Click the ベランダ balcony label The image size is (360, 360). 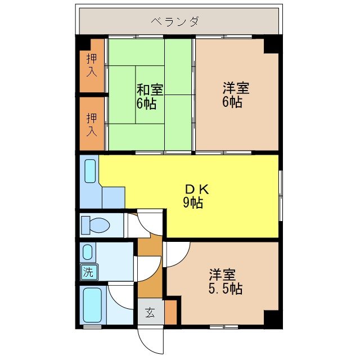tap(175, 22)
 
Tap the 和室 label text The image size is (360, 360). tap(150, 89)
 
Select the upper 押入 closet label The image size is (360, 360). tap(92, 65)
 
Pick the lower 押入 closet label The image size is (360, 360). tap(92, 125)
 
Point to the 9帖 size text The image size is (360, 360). tap(192, 203)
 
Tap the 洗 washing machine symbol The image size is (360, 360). tap(88, 273)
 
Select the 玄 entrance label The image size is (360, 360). tap(150, 312)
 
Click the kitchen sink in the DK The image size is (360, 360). tap(90, 171)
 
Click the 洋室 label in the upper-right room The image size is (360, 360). tap(236, 89)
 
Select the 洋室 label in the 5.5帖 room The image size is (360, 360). tap(223, 276)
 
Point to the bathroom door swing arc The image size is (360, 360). tap(120, 295)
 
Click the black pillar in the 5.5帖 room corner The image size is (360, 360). tap(272, 319)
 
